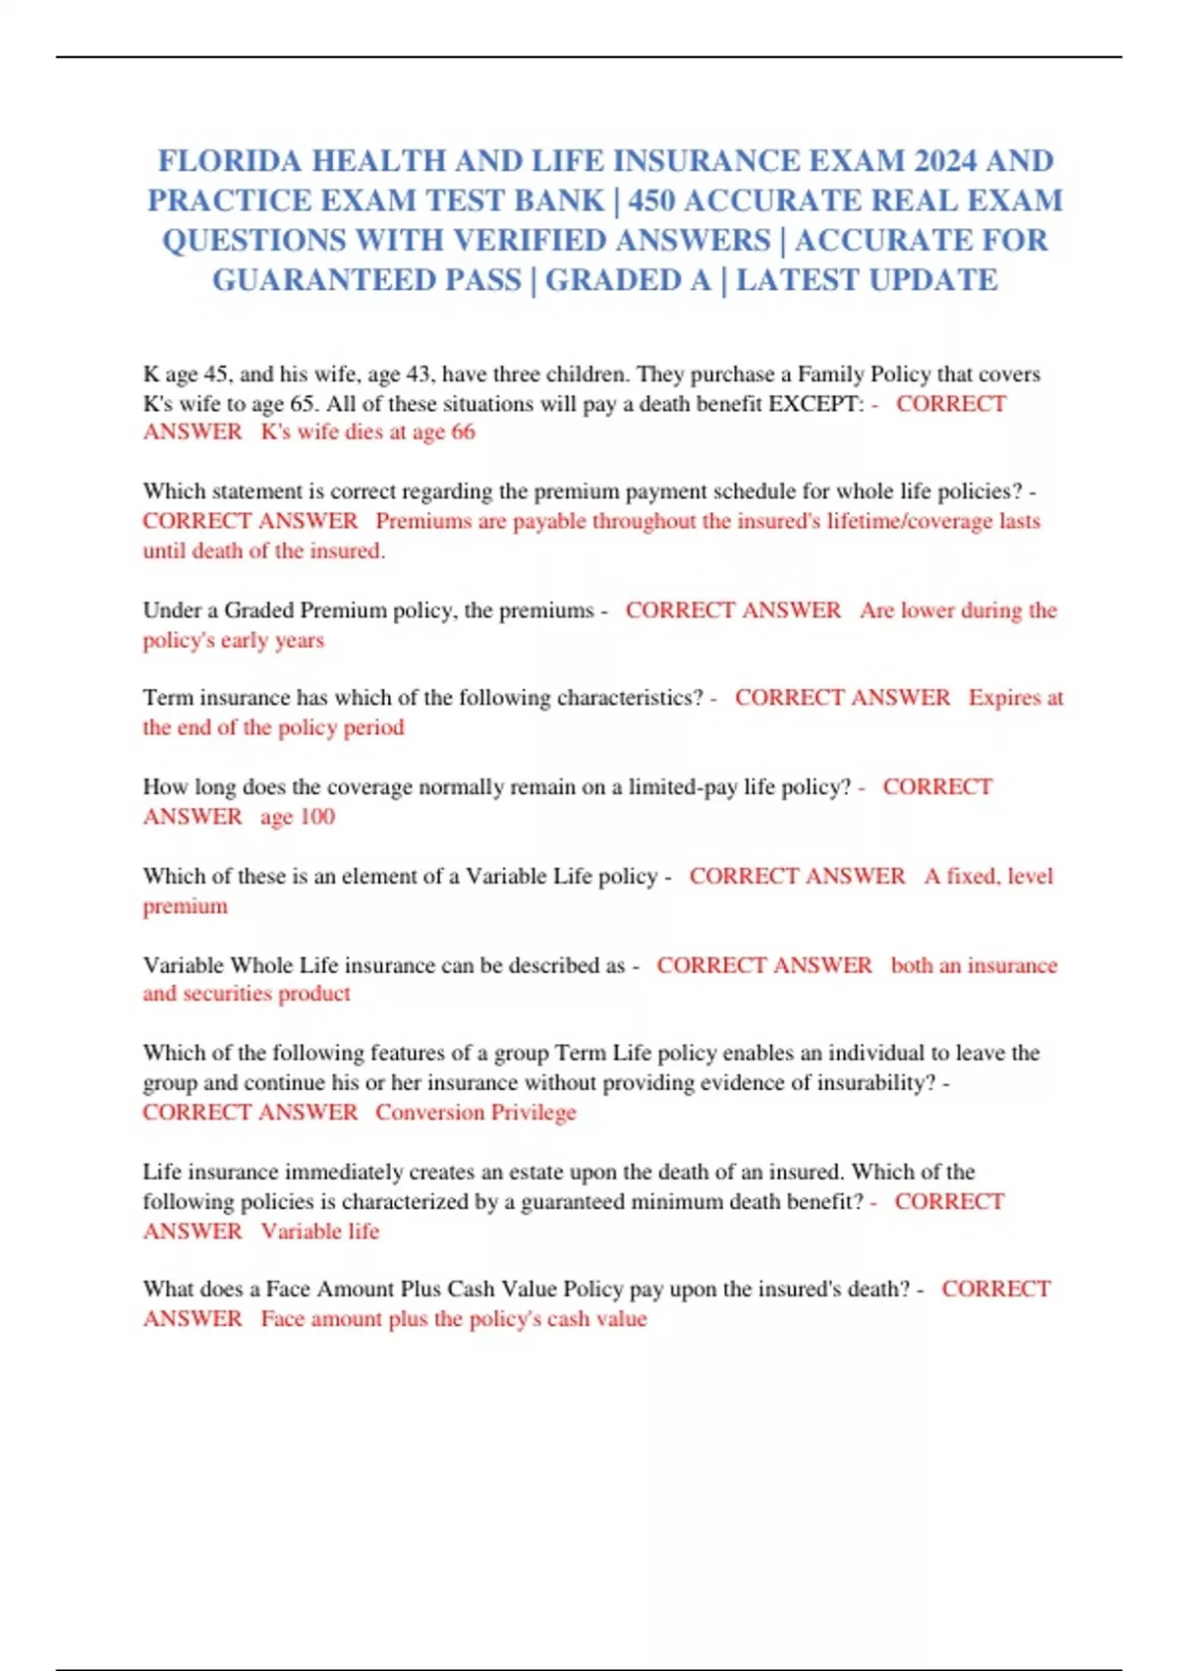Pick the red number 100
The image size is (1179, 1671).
316,817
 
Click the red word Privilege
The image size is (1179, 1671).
533,1113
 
